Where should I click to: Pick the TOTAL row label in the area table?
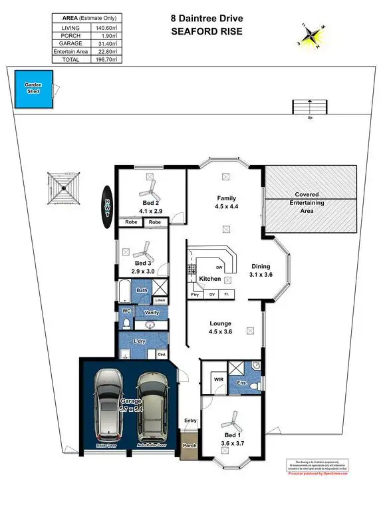coord(70,59)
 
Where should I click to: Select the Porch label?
coord(190,445)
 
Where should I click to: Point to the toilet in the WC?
coord(127,323)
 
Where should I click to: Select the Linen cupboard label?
coord(160,301)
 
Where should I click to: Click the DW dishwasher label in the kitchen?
coord(219,267)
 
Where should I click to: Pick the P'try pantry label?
coord(195,294)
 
